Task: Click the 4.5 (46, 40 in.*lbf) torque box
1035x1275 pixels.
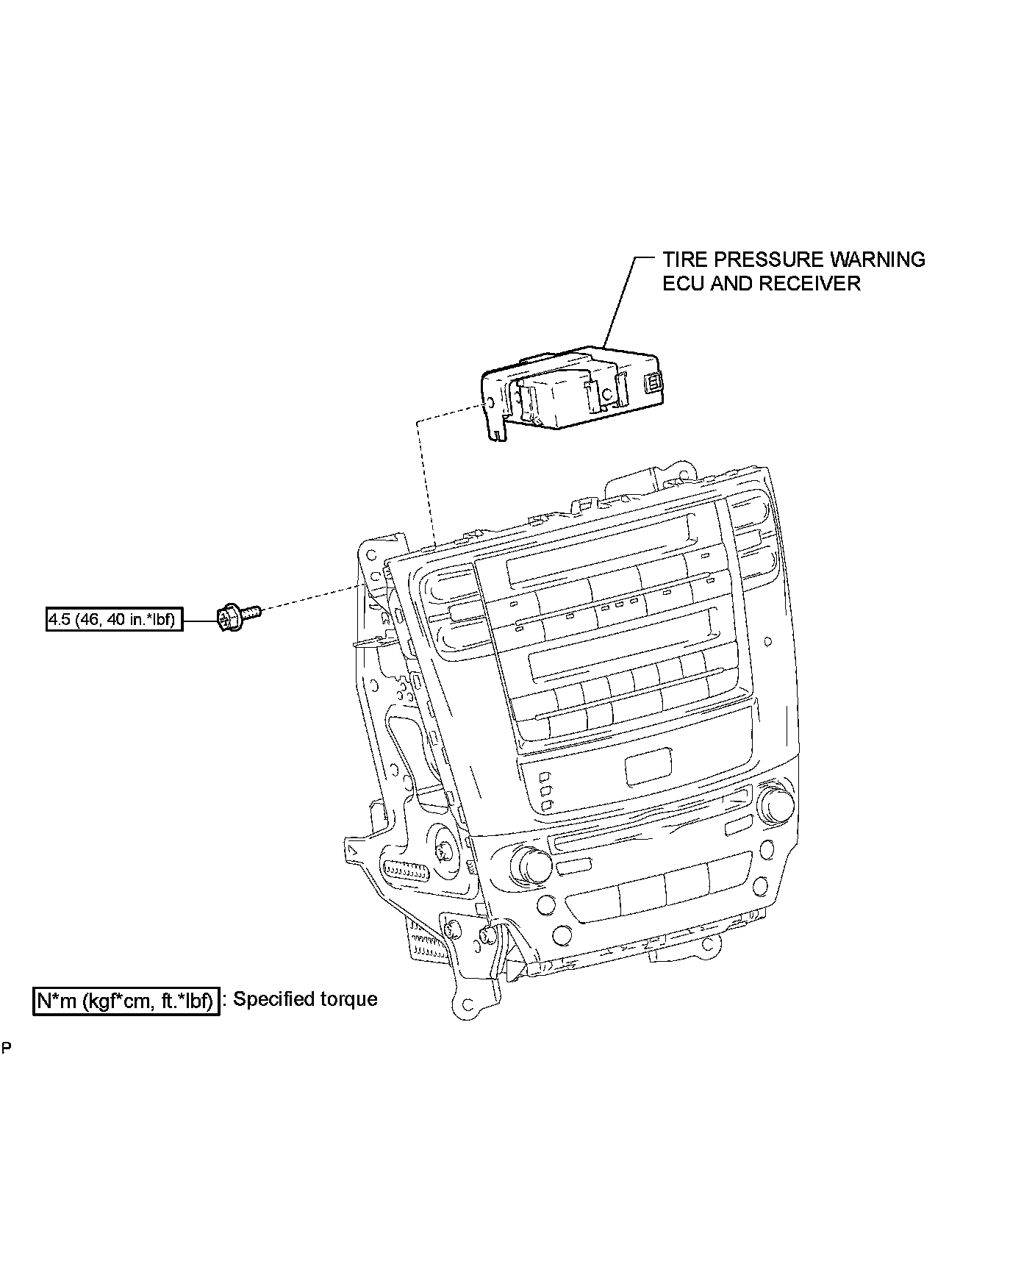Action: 114,620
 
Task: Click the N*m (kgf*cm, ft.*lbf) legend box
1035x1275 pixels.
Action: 126,1001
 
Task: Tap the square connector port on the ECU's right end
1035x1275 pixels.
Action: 652,383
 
